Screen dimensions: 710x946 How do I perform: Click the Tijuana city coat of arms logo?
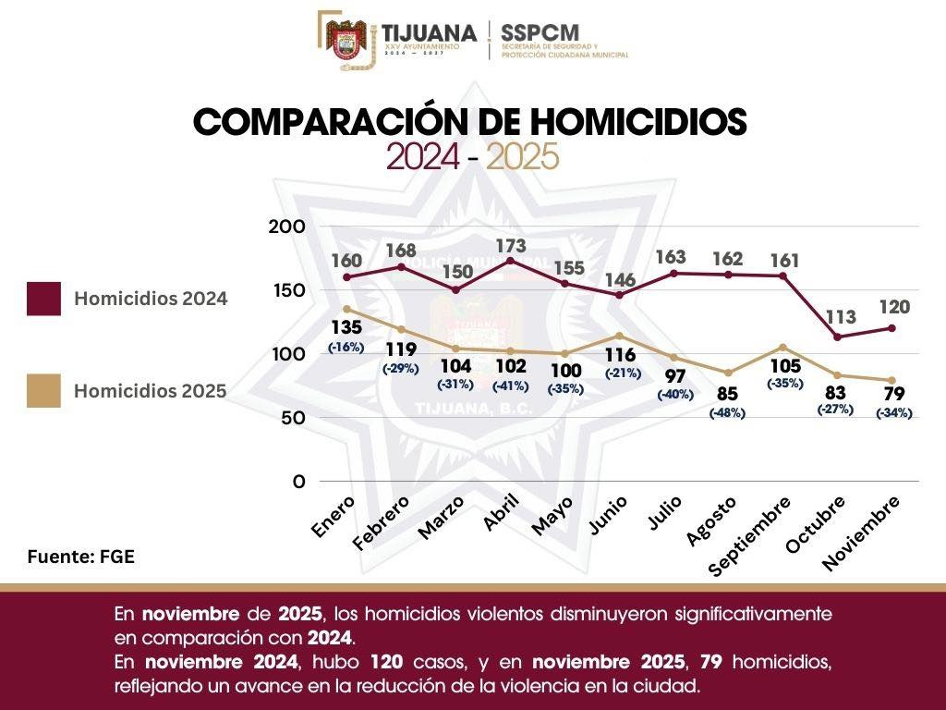click(347, 41)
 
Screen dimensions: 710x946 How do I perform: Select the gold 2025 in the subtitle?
click(523, 158)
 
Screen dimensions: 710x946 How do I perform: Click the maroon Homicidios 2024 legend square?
click(43, 299)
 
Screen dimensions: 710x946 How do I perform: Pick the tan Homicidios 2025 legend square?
click(43, 390)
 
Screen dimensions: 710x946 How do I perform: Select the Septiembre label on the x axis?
click(750, 535)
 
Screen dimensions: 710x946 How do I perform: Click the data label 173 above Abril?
click(510, 245)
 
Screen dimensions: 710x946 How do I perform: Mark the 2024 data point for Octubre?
click(837, 337)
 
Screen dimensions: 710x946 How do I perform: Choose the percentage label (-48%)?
click(727, 413)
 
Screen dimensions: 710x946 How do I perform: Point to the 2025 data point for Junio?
click(618, 335)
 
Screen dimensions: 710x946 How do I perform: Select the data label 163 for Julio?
click(672, 256)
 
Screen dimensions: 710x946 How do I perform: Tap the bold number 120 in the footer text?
click(385, 663)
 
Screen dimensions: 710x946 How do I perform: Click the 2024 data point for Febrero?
click(400, 267)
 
